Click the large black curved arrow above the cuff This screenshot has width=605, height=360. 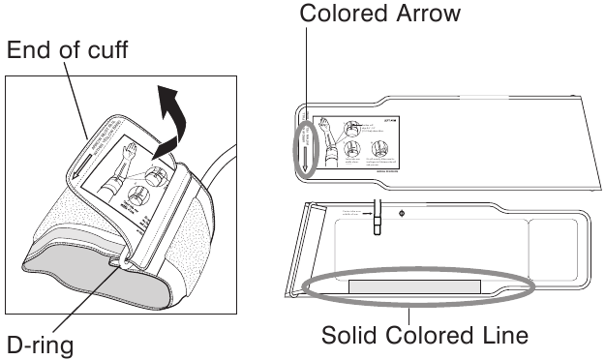[x=171, y=116]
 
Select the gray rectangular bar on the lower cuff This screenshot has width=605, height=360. [x=414, y=287]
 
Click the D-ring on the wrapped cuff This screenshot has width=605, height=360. [x=122, y=260]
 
